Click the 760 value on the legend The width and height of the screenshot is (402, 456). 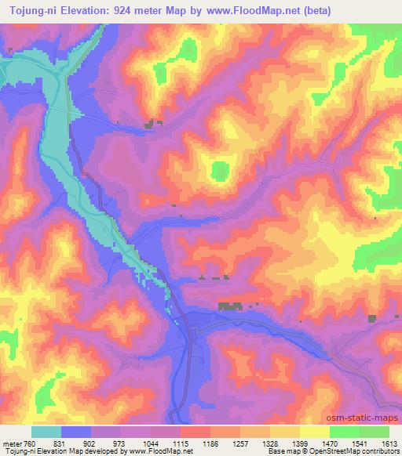(28, 443)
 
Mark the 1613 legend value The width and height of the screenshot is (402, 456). (390, 443)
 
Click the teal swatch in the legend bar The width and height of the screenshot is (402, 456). (46, 432)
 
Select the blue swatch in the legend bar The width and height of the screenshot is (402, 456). (76, 432)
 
